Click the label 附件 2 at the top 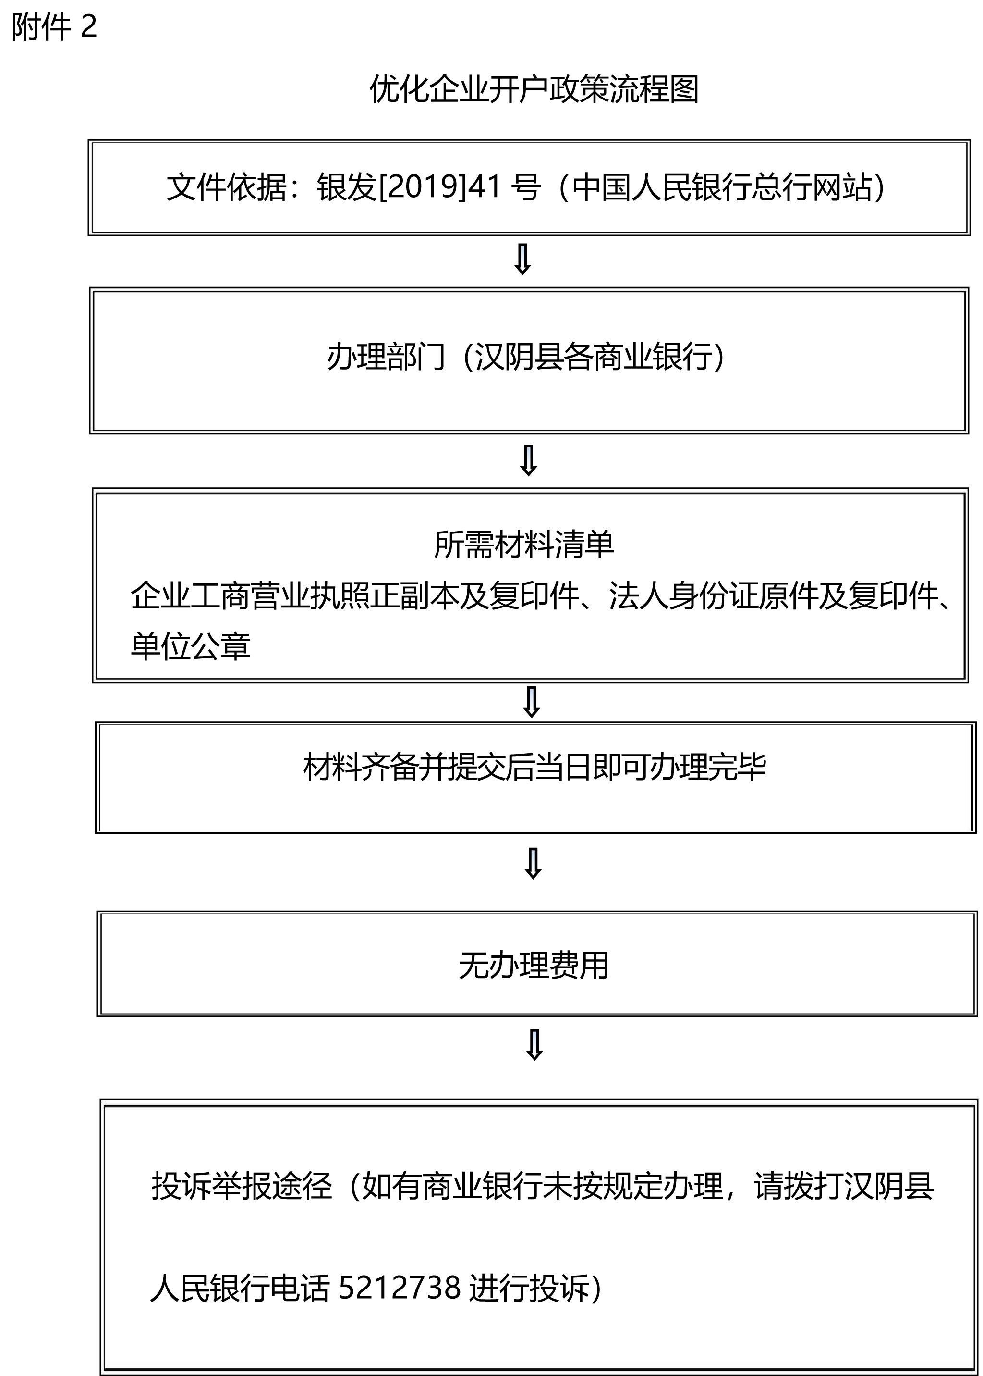pos(54,27)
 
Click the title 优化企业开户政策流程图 pos(534,89)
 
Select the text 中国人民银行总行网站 pos(722,186)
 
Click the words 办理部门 pos(386,356)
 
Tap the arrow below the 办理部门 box pos(528,461)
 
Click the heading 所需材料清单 pos(524,545)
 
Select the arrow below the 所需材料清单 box pos(532,702)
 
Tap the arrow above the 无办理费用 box pos(533,863)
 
